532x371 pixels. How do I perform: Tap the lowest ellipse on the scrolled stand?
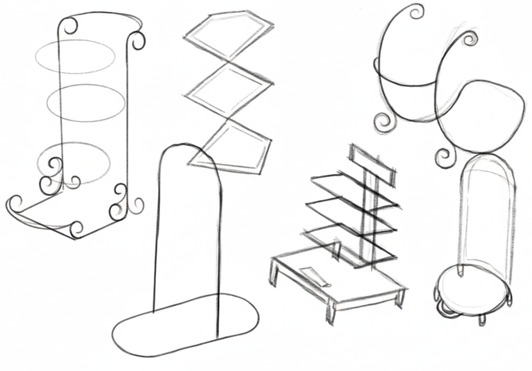[74, 162]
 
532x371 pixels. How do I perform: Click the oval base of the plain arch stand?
[186, 325]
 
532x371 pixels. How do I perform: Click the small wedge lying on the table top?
[314, 275]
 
